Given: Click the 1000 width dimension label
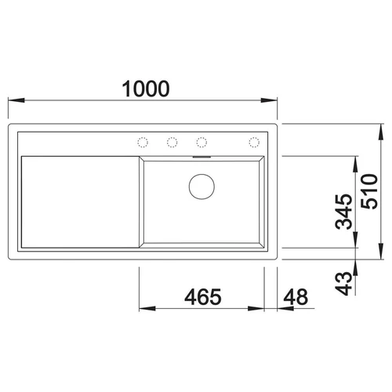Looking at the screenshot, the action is coord(146,89).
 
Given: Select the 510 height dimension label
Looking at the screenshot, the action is coord(369,191).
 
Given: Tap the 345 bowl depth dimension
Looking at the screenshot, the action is coord(344,212).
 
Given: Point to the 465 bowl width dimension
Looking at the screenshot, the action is coord(203,297).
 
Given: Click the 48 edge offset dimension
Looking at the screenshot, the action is coord(296,297).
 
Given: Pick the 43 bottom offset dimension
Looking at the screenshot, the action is coord(344,284).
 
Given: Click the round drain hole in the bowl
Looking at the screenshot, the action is coord(201,187).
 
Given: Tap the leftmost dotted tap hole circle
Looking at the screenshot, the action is coord(143,143).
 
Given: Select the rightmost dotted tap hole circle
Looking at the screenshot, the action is coord(254,143).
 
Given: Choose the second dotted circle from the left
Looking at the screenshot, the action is coord(172,143).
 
